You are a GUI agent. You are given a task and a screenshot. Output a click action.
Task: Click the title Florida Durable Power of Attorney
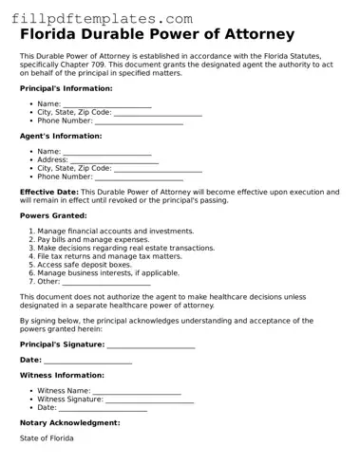coord(157,35)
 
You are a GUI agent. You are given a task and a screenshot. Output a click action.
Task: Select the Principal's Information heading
coord(66,88)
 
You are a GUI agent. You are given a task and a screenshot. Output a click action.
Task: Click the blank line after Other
coord(106,282)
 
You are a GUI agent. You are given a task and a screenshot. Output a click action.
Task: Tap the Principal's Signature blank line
coord(151,345)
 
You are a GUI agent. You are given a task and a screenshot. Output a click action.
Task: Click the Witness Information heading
coord(62,376)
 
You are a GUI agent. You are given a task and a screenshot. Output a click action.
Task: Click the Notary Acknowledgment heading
coord(70,423)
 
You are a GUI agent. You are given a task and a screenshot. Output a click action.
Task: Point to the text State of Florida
coord(47,438)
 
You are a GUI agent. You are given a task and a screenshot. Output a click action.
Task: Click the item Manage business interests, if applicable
coord(108,273)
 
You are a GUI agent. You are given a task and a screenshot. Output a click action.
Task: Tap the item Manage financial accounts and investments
coord(115,232)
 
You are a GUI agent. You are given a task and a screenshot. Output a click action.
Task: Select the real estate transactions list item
coord(126,249)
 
